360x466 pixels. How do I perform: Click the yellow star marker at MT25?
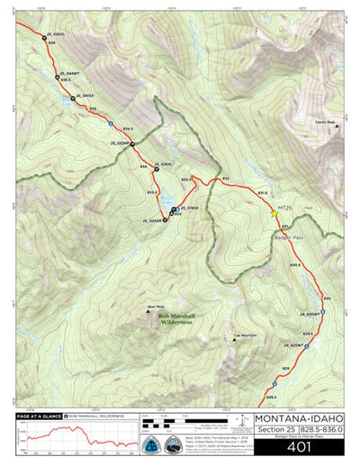(x=274, y=213)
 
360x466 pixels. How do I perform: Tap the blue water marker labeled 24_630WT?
(x=323, y=312)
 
